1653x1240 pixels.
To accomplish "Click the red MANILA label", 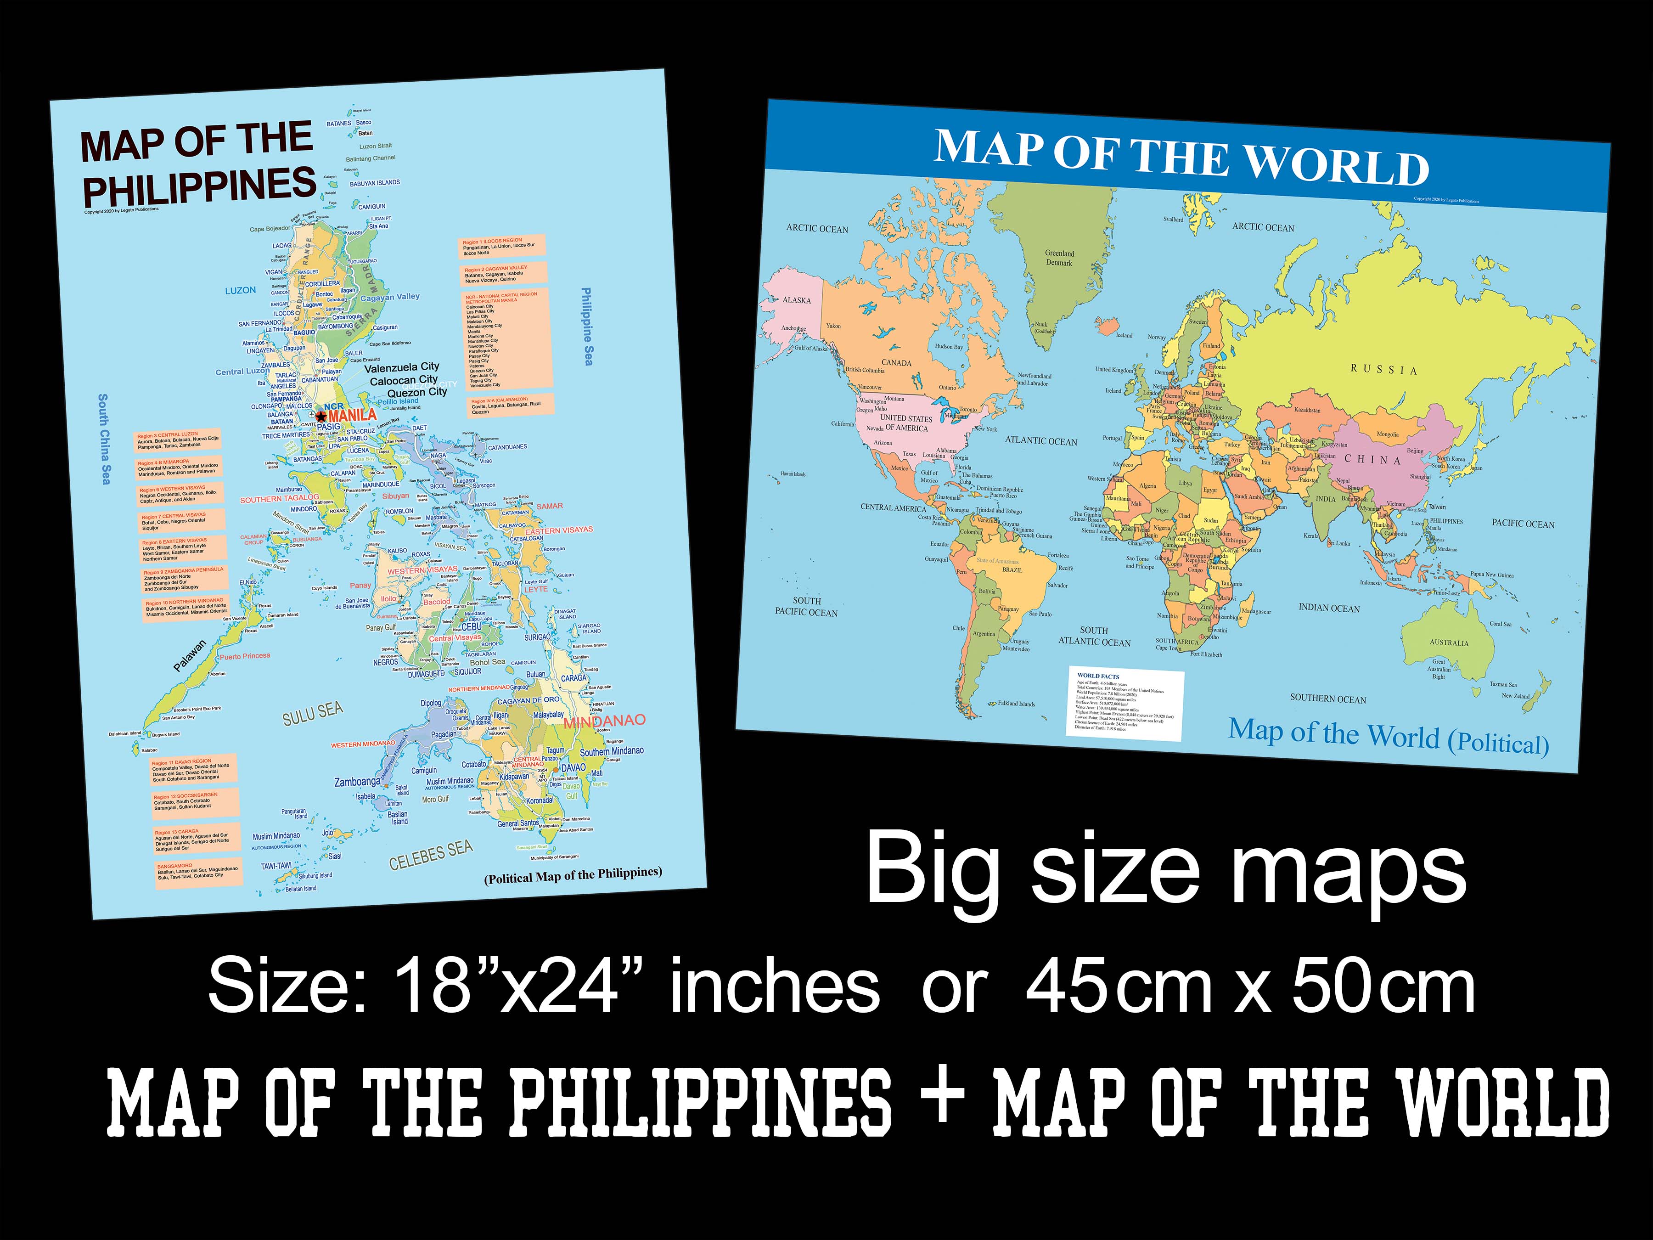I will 352,415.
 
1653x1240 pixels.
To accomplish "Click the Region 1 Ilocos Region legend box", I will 501,247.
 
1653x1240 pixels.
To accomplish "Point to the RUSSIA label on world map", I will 1383,369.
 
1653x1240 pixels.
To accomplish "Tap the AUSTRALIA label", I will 1449,643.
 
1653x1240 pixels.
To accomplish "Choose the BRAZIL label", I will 1012,569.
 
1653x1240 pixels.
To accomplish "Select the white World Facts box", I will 1125,703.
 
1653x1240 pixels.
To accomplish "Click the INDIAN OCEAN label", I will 1329,608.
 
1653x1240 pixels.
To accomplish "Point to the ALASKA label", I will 797,300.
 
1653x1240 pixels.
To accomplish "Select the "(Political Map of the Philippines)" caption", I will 573,874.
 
